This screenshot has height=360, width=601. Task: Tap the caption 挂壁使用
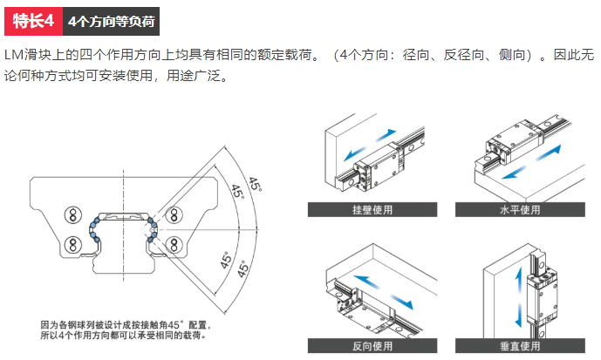372,209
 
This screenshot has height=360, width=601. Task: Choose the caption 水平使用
521,209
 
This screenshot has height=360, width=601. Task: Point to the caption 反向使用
372,346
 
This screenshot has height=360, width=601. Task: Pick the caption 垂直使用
521,346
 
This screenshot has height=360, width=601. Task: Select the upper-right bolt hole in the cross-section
175,214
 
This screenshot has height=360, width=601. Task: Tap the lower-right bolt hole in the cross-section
175,241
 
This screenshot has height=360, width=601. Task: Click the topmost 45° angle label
254,184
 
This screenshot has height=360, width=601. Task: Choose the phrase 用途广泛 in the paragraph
197,76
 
